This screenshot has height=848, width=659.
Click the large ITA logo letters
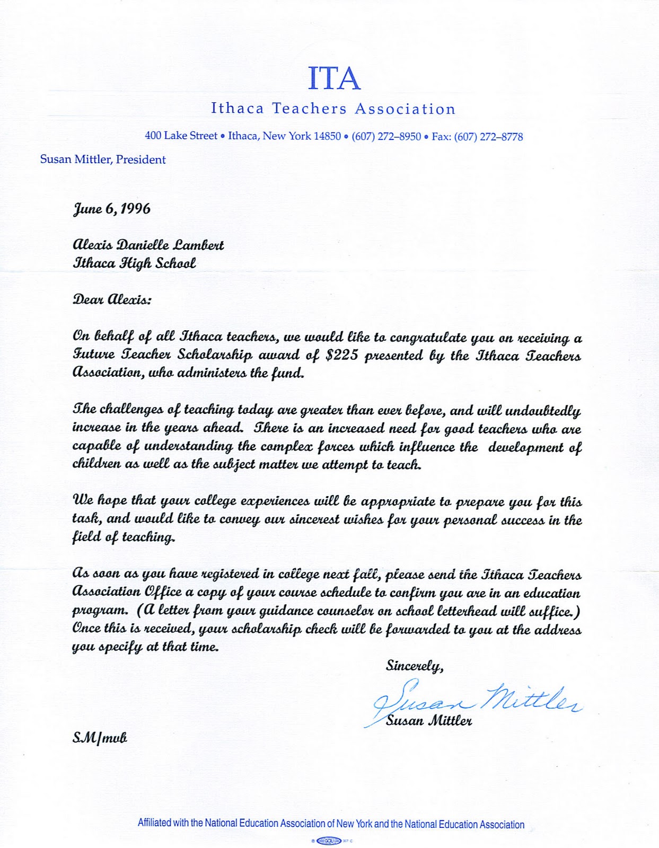pyautogui.click(x=334, y=78)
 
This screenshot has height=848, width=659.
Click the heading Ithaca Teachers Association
pyautogui.click(x=333, y=109)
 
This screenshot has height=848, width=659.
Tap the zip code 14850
pyautogui.click(x=327, y=136)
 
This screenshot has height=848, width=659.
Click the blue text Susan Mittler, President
pyautogui.click(x=103, y=160)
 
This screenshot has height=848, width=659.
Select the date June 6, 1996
pyautogui.click(x=111, y=209)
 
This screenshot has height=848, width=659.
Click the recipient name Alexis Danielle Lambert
pyautogui.click(x=148, y=245)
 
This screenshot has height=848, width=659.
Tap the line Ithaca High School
pyautogui.click(x=134, y=263)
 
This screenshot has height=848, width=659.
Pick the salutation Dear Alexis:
pyautogui.click(x=111, y=299)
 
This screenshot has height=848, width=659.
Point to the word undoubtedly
pyautogui.click(x=543, y=411)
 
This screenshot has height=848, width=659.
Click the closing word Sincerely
pyautogui.click(x=414, y=666)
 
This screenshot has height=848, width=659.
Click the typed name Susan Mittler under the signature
pyautogui.click(x=429, y=721)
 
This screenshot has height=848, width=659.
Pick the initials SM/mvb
pyautogui.click(x=100, y=738)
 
